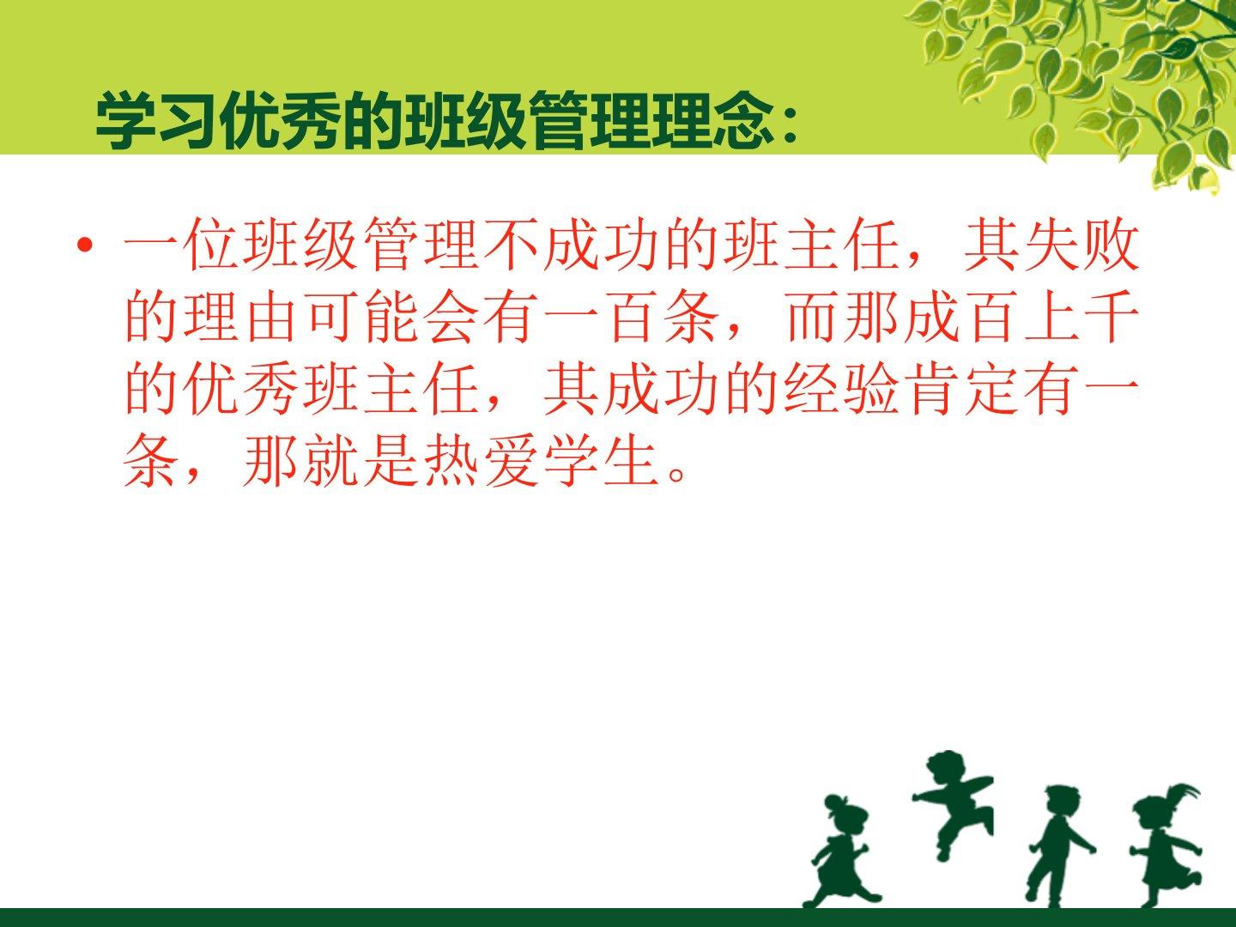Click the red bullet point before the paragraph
[x=86, y=245]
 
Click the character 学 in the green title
[x=125, y=120]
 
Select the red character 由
[x=273, y=317]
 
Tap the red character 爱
[x=512, y=461]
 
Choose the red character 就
[x=332, y=461]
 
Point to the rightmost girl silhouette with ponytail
[x=1166, y=845]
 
